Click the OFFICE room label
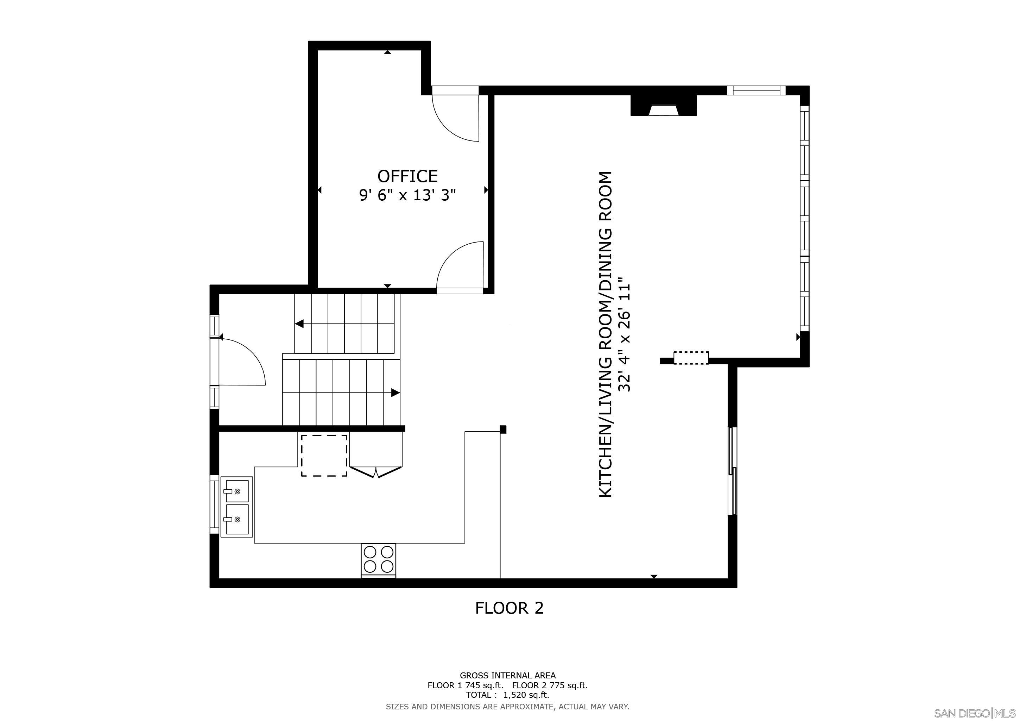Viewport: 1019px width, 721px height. click(407, 176)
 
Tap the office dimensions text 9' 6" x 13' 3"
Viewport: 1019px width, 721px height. click(407, 195)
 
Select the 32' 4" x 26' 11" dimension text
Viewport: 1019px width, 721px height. click(625, 335)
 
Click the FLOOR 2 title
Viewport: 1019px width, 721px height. click(509, 608)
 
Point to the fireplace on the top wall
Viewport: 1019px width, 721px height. click(664, 107)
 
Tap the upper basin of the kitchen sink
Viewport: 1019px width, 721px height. click(236, 490)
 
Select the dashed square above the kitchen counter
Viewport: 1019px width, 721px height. click(324, 456)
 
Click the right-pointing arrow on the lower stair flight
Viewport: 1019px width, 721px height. click(395, 393)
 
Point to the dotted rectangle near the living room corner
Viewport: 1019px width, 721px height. click(691, 358)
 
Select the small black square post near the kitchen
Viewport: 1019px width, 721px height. click(503, 429)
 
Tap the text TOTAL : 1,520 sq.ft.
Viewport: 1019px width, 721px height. click(507, 695)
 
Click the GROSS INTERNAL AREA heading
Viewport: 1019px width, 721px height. click(507, 675)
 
